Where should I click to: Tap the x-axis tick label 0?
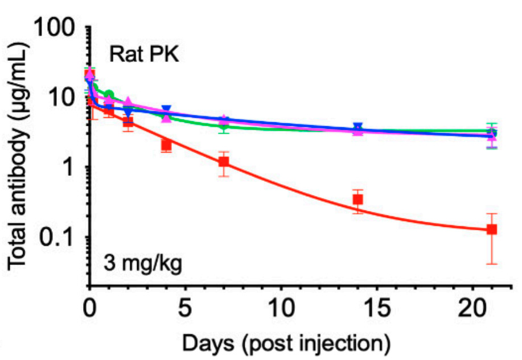click(89, 311)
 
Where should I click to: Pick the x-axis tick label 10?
click(281, 311)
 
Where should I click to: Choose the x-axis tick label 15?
click(376, 311)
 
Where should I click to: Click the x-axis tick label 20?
click(472, 311)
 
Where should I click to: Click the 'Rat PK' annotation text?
click(144, 56)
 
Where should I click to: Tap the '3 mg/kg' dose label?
click(143, 265)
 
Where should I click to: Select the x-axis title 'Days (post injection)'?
click(280, 343)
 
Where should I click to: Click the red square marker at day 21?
click(492, 229)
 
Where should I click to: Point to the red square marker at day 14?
click(357, 199)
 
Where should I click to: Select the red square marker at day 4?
click(166, 144)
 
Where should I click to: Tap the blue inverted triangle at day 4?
click(166, 110)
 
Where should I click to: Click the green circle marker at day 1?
click(109, 95)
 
